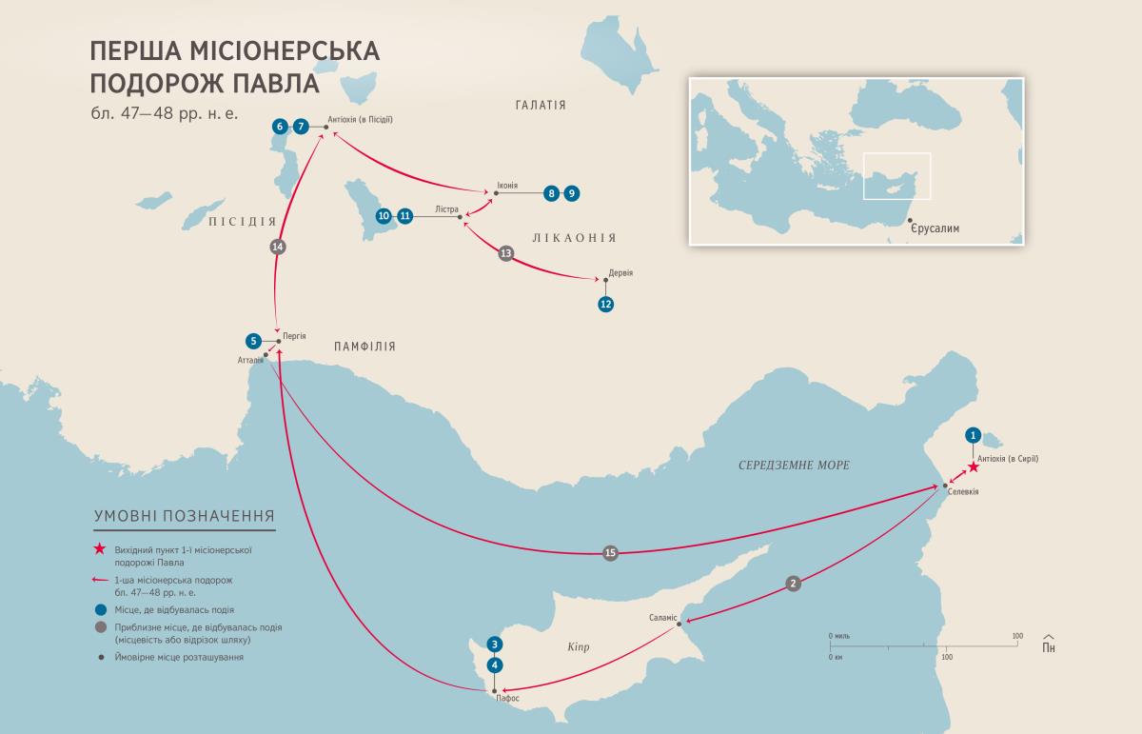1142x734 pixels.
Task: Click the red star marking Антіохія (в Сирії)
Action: click(x=973, y=467)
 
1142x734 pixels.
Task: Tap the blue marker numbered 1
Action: click(x=973, y=435)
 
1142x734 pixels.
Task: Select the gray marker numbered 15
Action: click(x=610, y=553)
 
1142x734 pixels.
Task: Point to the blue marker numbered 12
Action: click(x=605, y=305)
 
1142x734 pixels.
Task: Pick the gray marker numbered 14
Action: click(x=278, y=247)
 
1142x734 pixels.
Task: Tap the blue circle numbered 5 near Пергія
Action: click(x=252, y=341)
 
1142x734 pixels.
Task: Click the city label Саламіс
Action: click(x=662, y=617)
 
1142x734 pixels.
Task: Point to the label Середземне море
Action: click(x=794, y=465)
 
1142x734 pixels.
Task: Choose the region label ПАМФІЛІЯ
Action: click(x=364, y=347)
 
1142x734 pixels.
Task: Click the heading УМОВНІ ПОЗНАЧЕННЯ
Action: click(x=184, y=516)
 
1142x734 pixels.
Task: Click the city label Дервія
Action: click(x=620, y=273)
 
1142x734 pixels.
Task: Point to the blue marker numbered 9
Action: click(x=571, y=193)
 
